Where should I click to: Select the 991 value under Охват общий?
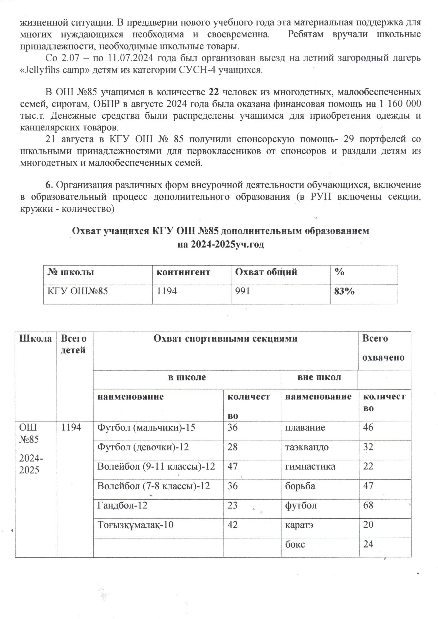tap(243, 291)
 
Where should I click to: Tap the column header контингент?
tap(183, 272)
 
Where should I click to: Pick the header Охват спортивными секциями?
tap(225, 339)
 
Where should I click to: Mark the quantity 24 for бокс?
tap(368, 544)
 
